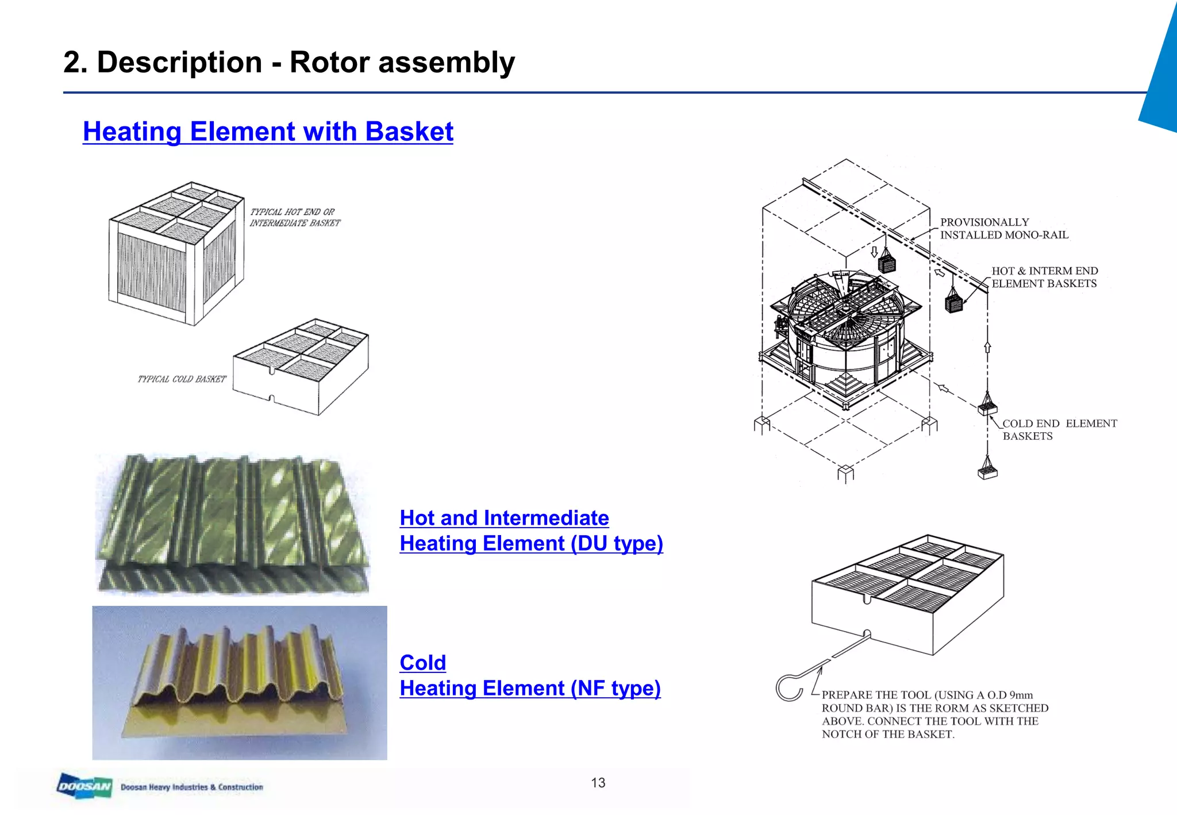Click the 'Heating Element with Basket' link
click(x=268, y=132)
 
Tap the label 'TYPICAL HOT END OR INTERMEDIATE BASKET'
click(x=294, y=217)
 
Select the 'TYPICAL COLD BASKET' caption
click(x=182, y=379)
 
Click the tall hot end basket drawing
click(x=176, y=253)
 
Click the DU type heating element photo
click(x=233, y=523)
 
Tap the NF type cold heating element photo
click(x=240, y=682)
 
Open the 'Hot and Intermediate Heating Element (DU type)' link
click(x=530, y=530)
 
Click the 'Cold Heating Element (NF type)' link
click(x=529, y=675)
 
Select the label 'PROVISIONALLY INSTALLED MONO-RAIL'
click(x=1003, y=229)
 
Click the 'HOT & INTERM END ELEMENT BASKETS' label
click(x=1044, y=277)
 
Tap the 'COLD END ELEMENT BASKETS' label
click(x=1059, y=429)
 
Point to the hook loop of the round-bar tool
click(x=789, y=687)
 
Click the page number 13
click(x=598, y=783)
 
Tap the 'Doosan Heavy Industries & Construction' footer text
click(x=191, y=787)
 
